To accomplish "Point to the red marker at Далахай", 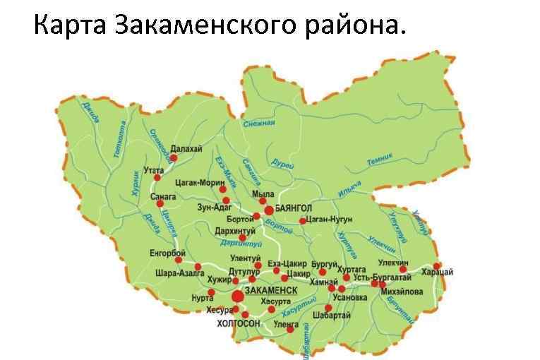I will (x=164, y=158).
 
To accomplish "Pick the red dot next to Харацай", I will (x=437, y=265).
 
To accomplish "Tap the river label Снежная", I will (x=258, y=124).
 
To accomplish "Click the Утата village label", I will (x=153, y=170).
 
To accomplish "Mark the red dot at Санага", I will (x=169, y=203).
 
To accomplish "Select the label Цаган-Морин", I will (x=199, y=182).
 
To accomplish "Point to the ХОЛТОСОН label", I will (x=239, y=323).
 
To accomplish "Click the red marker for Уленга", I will (x=290, y=329).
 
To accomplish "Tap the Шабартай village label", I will (x=331, y=316).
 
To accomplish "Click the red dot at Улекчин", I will (x=403, y=269).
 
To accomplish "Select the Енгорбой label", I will (x=167, y=253).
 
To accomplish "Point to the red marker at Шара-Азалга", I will (x=198, y=266).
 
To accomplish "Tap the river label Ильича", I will (x=349, y=188).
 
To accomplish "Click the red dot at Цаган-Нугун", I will (x=302, y=221).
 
